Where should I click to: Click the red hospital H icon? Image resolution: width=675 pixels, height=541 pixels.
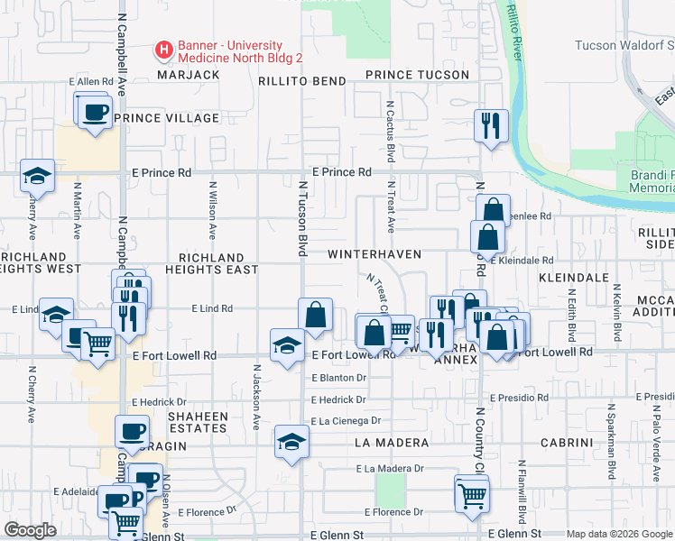(164, 51)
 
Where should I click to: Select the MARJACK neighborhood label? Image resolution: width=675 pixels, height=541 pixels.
(189, 75)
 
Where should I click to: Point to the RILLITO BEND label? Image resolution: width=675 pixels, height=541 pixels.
(302, 81)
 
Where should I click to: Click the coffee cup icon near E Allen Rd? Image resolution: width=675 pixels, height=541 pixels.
(94, 113)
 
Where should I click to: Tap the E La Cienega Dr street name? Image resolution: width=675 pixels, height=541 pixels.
(347, 421)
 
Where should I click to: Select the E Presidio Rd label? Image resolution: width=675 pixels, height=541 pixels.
(519, 398)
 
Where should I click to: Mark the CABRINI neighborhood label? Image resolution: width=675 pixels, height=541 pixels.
(566, 443)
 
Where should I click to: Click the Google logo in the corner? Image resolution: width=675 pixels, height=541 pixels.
(30, 530)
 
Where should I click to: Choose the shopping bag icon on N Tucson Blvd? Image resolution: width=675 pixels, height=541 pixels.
(316, 316)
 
